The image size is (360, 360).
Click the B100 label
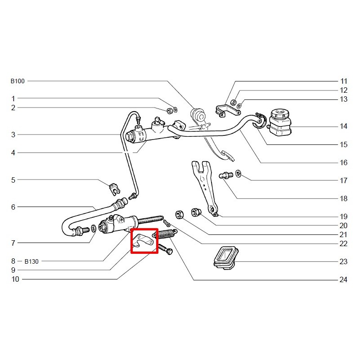pos(18,81)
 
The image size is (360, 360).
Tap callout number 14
pos(344,126)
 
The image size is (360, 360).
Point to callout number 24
pos(344,280)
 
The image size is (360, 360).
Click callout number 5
pos(13,180)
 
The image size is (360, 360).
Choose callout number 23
pos(344,261)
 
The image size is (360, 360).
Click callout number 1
pos(13,99)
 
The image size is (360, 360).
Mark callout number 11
pos(344,81)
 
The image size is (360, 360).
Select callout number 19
pos(344,216)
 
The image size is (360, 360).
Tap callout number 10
pos(15,279)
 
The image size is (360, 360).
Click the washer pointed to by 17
pos(238,174)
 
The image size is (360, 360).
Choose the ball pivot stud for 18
pos(225,175)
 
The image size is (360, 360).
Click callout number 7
pos(13,243)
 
